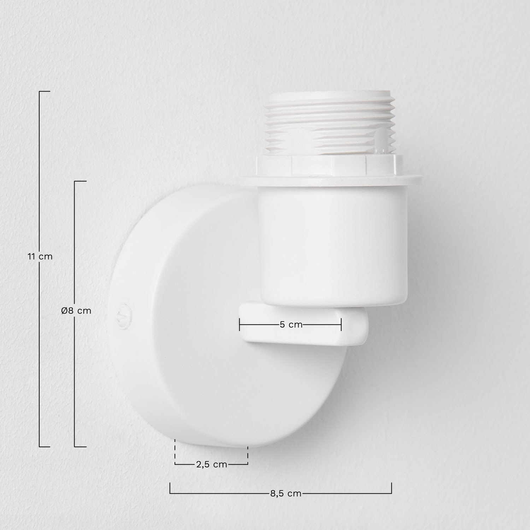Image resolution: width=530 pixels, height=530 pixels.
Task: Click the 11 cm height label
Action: click(x=40, y=257)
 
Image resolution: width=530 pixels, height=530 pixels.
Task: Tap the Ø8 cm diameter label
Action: click(x=76, y=311)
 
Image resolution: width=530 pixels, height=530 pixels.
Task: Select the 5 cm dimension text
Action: click(x=291, y=324)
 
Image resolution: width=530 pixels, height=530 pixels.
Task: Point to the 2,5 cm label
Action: click(x=211, y=464)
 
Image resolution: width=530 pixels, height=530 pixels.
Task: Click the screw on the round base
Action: click(x=124, y=313)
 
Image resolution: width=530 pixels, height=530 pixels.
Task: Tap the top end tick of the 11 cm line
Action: click(x=44, y=92)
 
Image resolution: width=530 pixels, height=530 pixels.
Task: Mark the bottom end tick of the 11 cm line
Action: click(x=44, y=447)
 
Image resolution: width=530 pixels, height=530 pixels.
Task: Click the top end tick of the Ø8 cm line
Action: click(x=80, y=181)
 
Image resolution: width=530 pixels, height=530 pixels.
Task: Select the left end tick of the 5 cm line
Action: click(x=240, y=324)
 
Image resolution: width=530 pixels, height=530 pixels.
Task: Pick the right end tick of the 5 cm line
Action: click(x=341, y=324)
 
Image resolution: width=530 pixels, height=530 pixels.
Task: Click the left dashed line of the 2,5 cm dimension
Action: click(x=175, y=452)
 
